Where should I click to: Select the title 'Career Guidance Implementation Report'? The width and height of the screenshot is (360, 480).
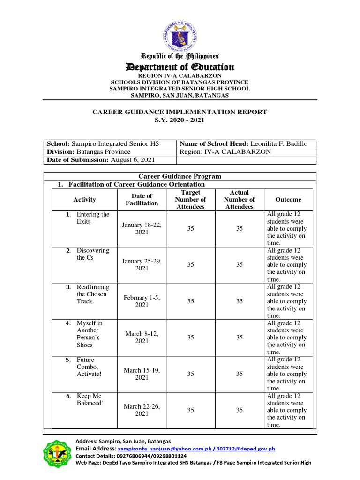(x=180, y=112)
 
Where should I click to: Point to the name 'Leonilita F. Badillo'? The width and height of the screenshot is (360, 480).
(x=279, y=144)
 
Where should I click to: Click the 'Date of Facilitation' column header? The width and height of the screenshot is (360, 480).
(x=142, y=200)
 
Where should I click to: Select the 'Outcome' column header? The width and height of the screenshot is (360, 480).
(x=288, y=200)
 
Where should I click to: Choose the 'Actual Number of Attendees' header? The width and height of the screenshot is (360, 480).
(x=240, y=200)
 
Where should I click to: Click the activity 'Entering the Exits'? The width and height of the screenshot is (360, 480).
(x=92, y=218)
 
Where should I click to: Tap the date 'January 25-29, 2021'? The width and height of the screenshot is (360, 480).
(x=142, y=265)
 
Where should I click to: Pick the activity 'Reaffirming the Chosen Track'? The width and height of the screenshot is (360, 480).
(x=92, y=294)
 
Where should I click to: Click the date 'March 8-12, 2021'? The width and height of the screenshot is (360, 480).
(x=142, y=337)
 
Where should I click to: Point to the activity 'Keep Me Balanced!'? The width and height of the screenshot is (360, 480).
(x=90, y=400)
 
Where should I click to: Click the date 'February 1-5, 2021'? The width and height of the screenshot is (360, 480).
(x=142, y=301)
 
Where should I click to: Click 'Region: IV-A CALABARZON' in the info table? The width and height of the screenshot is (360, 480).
(x=225, y=152)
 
